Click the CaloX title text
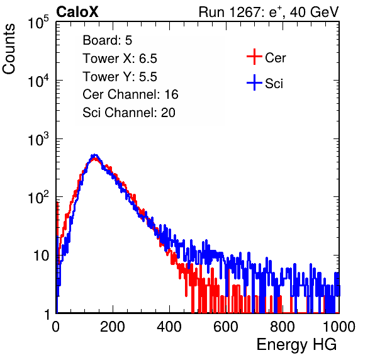(x=77, y=12)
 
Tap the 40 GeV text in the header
(x=315, y=12)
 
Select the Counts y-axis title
(x=9, y=48)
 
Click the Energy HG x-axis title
(x=296, y=345)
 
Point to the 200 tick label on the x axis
(x=113, y=327)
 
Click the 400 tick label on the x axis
(x=169, y=327)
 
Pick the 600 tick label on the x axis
(x=226, y=327)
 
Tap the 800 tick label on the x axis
(x=283, y=327)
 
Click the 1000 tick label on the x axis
(x=339, y=327)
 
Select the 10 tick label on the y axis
(x=42, y=256)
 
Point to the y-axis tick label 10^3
(x=38, y=138)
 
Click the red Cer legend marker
(x=254, y=57)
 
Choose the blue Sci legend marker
(x=254, y=82)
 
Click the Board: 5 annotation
(x=108, y=40)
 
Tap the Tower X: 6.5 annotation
(x=120, y=59)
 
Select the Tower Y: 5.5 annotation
(x=120, y=77)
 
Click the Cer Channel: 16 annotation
(x=130, y=94)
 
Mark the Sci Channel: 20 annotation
(x=129, y=113)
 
